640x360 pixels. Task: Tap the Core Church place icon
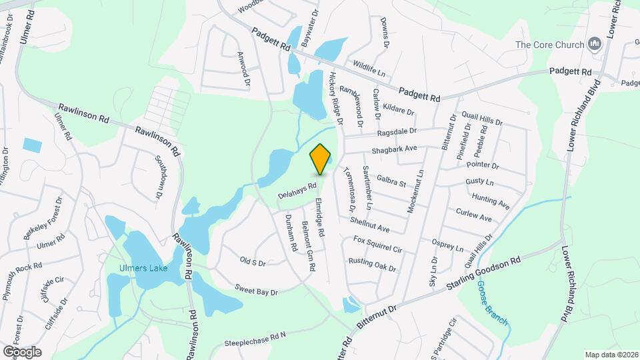(595, 45)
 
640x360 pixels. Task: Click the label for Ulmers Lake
(143, 270)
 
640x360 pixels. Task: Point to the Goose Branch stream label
(493, 302)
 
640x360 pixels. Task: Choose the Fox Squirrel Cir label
(378, 244)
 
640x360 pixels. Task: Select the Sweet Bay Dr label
(255, 291)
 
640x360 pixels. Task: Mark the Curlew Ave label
(473, 215)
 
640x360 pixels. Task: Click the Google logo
(22, 351)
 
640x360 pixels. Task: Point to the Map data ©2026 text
(611, 355)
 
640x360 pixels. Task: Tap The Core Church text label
(549, 45)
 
